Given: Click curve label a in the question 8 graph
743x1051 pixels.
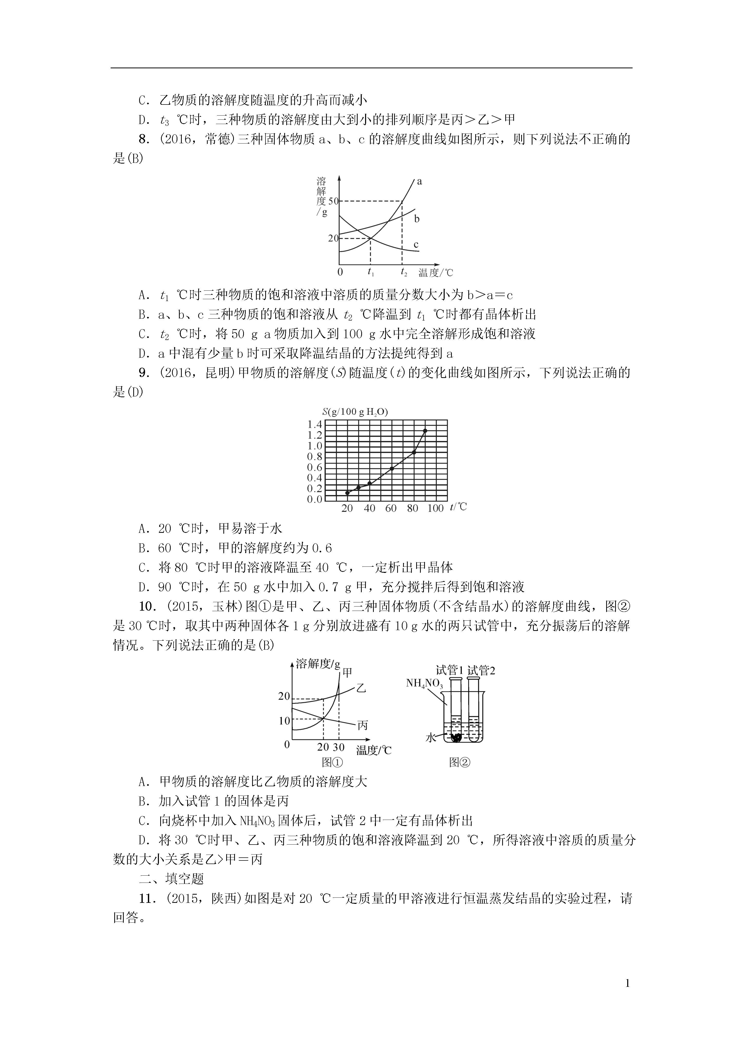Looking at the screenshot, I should point(419,182).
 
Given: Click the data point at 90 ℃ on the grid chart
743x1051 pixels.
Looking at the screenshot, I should point(425,431).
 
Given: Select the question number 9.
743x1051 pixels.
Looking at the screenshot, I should point(144,373).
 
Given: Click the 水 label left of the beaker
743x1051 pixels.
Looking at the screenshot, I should point(430,737).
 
